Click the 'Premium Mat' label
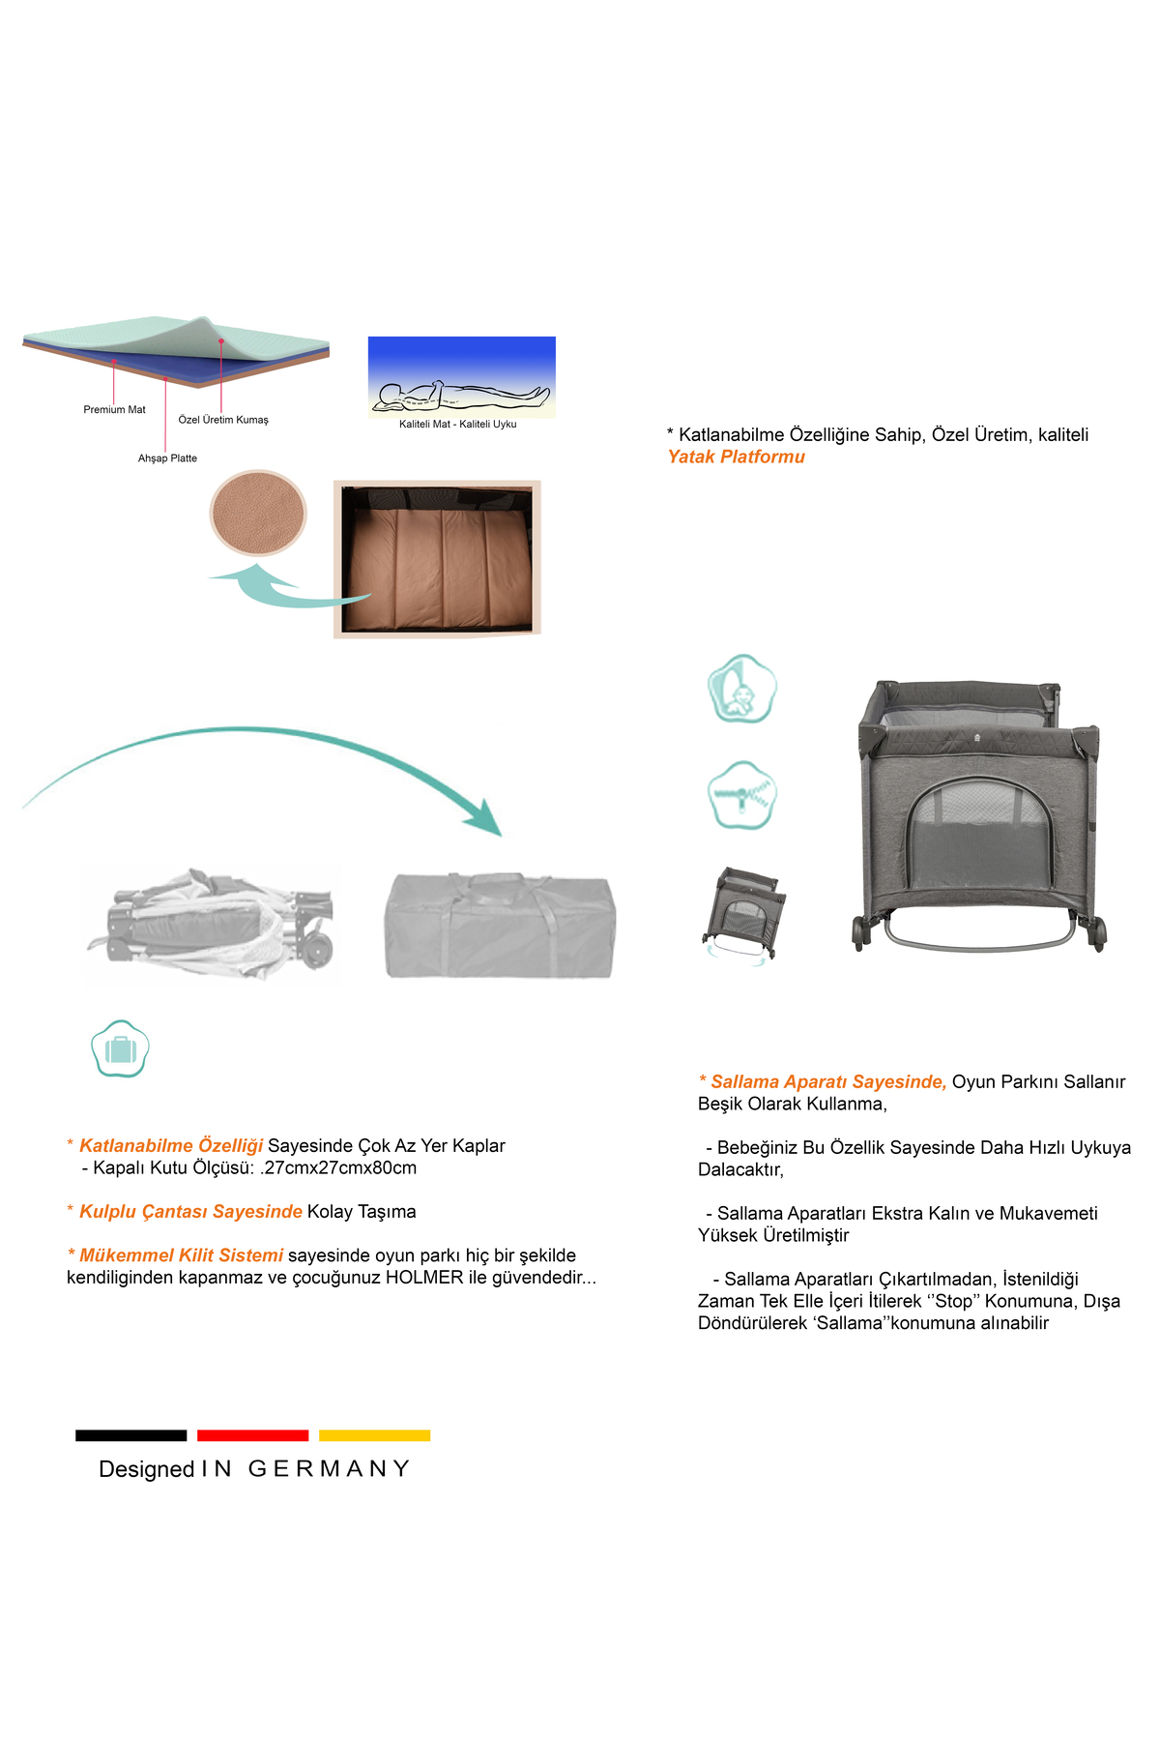114,410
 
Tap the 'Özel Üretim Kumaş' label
223,420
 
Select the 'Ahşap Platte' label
167,458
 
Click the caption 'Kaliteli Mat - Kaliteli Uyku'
458,425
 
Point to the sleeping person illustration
461,395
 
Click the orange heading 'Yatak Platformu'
737,457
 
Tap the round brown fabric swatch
258,513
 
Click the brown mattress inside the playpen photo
438,566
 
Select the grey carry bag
500,926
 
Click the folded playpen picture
213,927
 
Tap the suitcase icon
120,1048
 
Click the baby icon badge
741,689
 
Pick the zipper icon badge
741,795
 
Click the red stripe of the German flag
253,1435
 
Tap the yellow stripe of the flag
375,1435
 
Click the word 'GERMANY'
330,1469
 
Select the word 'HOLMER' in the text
424,1278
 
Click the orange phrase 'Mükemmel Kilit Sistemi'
181,1255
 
